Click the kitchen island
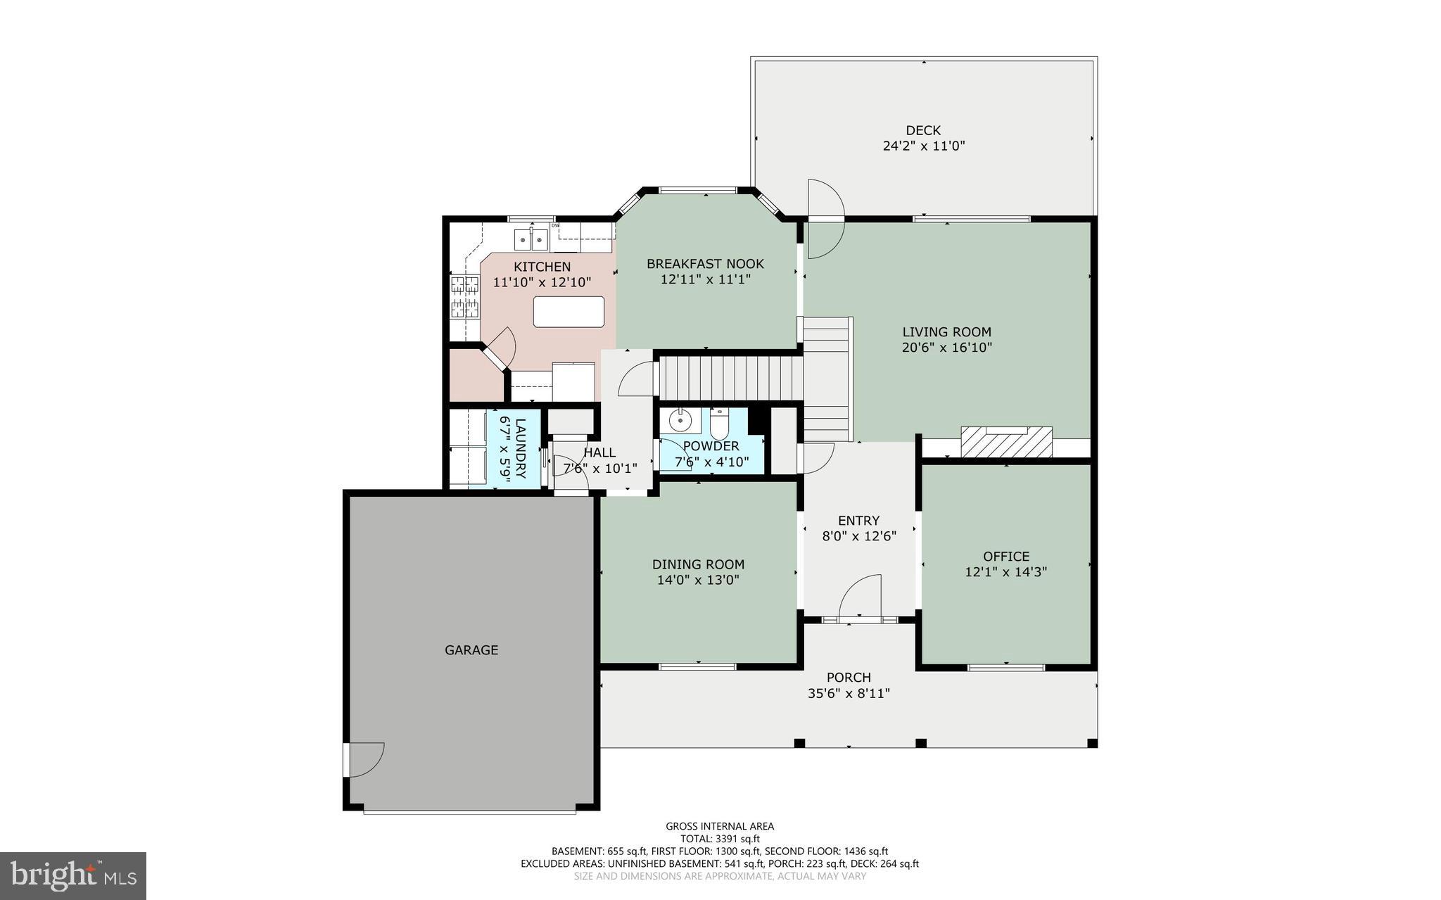(569, 312)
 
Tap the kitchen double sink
(531, 239)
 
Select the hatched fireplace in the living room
(1006, 442)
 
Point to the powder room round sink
(680, 421)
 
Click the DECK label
(923, 130)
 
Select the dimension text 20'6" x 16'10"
(946, 348)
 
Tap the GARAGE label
(471, 650)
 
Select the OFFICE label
(1006, 556)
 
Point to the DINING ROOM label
(698, 564)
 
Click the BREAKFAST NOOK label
(705, 264)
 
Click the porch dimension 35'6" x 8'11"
(849, 693)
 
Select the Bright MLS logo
(72, 875)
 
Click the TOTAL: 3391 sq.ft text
(720, 839)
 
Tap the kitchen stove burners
(465, 296)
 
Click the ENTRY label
(858, 521)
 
